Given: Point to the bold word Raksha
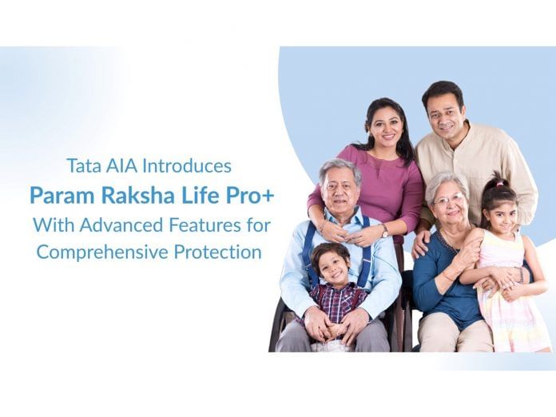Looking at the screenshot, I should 129,195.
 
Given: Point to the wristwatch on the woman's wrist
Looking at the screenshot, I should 385,231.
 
